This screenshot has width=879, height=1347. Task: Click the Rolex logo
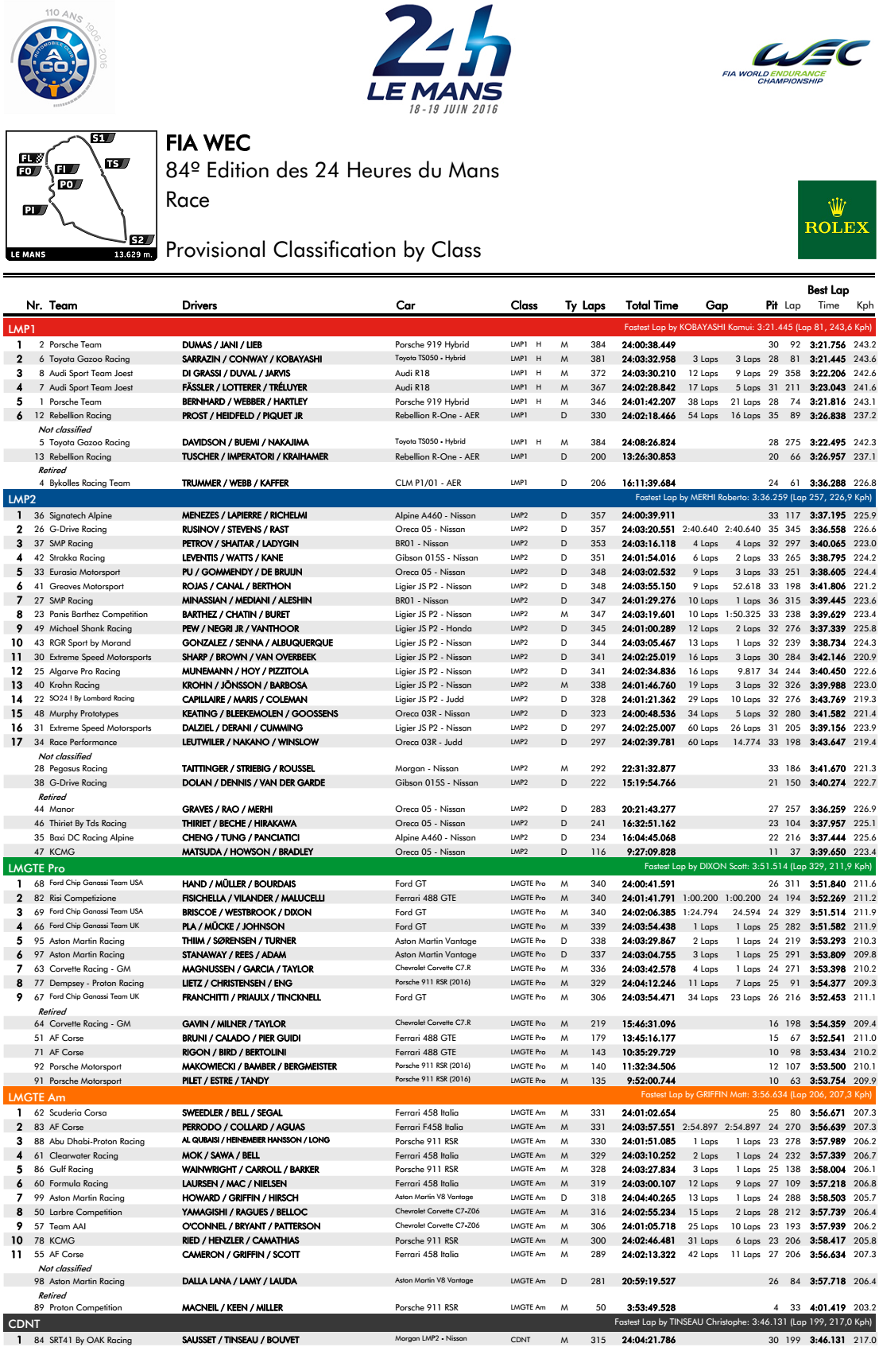point(836,219)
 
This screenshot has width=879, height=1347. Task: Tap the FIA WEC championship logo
point(795,62)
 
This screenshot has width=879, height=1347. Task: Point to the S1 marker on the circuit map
point(99,138)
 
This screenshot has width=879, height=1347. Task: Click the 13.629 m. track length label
point(133,254)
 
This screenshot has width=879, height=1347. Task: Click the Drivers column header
point(199,305)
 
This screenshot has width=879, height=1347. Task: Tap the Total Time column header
point(652,305)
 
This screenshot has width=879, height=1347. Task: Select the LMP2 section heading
point(22,499)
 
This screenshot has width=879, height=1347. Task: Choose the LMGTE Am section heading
point(37,1097)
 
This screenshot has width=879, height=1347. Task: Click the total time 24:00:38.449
point(649,345)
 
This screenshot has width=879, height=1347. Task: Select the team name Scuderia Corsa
point(78,1113)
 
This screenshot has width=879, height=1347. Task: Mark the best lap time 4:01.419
point(828,1307)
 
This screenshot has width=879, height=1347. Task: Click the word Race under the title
point(188,200)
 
